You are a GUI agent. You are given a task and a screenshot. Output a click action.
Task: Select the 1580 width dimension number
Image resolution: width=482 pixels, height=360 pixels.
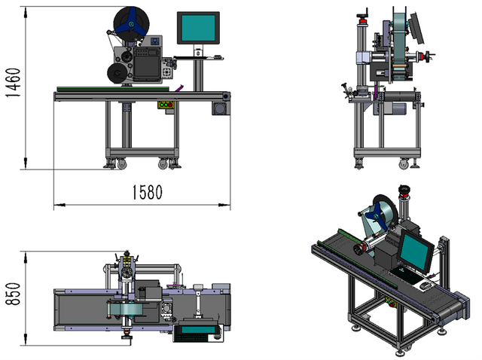144,192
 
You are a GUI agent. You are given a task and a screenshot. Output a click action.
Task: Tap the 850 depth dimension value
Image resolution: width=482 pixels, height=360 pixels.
11,290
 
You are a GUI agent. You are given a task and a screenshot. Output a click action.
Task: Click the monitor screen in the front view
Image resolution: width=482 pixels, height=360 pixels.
198,28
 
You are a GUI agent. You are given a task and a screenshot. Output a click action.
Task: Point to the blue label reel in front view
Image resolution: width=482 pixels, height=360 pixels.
130,23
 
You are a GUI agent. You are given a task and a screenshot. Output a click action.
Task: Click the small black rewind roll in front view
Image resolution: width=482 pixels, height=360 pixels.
117,72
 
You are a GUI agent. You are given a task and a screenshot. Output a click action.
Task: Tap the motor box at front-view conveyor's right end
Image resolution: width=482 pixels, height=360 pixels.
221,108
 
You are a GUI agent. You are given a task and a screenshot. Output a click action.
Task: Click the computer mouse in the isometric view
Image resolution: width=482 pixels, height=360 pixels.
424,285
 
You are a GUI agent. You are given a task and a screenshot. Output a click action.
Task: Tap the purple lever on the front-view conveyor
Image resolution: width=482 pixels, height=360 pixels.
179,89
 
